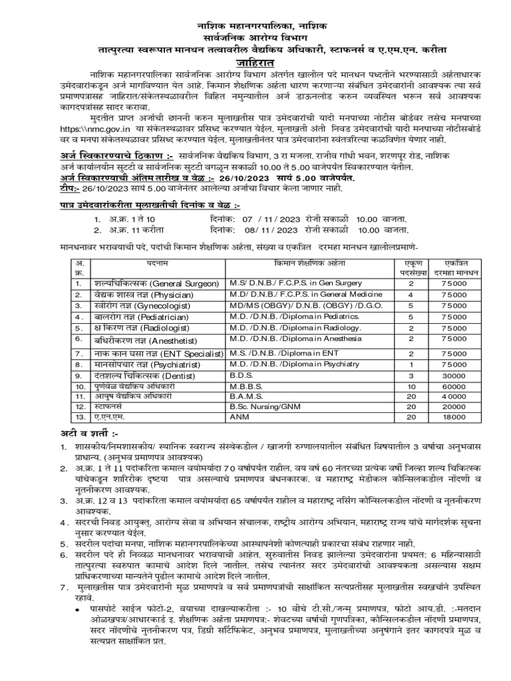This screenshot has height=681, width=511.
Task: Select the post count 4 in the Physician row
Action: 411,294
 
